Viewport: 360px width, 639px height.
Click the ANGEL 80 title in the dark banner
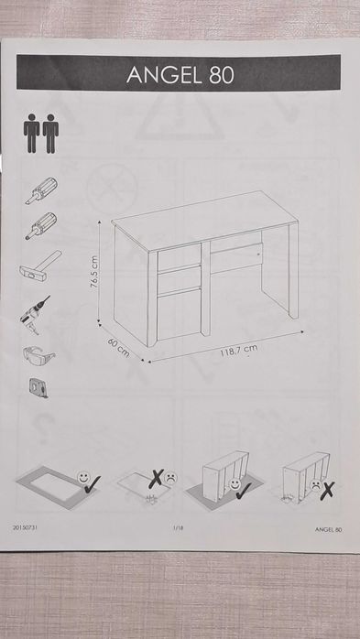coord(180,74)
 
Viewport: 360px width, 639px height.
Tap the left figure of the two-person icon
coord(31,134)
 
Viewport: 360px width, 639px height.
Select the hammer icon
coord(40,266)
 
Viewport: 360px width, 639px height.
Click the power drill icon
coord(35,315)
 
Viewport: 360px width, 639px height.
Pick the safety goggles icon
coord(38,355)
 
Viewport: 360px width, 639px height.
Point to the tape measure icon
coord(38,387)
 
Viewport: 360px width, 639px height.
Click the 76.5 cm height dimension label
coord(93,272)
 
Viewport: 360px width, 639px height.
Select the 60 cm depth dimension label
coord(119,348)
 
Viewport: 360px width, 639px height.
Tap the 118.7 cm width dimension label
coord(239,350)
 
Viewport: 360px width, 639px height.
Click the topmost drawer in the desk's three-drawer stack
coord(180,255)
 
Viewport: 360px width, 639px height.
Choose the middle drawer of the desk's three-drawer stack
coord(180,279)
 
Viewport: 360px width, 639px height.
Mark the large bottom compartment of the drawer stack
coord(180,313)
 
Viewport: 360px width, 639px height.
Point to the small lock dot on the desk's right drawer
coord(258,254)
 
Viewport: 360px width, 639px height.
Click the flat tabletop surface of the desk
coord(205,219)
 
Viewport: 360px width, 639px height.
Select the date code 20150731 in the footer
coord(26,527)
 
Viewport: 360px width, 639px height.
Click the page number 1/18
coord(179,528)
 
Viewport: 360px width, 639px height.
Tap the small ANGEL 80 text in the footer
coord(328,529)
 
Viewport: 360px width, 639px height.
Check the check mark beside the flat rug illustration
coord(93,483)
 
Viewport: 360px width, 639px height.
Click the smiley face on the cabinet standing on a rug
coord(235,483)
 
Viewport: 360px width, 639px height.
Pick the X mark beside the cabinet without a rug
coord(327,491)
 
